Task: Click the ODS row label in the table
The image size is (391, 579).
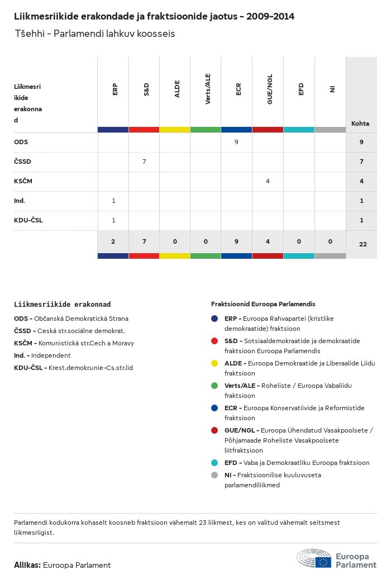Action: tap(21, 142)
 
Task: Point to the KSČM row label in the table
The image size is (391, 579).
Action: tap(23, 181)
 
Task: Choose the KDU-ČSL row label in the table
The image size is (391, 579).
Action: tap(28, 220)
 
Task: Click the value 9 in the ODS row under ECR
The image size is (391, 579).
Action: tap(236, 142)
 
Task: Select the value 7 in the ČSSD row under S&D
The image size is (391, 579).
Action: tap(144, 162)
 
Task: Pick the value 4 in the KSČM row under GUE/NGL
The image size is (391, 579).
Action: tap(268, 181)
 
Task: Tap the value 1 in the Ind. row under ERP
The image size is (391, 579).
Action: tap(113, 201)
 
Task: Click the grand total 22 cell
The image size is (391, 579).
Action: tap(363, 244)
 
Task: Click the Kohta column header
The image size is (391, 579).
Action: tap(360, 124)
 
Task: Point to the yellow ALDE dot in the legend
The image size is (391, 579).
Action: tap(214, 363)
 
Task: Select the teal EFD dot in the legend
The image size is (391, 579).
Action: tap(214, 463)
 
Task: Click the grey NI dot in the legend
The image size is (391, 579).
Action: tap(214, 475)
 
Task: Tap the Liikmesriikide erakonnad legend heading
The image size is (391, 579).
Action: tap(62, 305)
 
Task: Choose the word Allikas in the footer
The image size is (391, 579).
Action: tap(27, 565)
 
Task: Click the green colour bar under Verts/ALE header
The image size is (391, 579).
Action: tap(206, 130)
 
